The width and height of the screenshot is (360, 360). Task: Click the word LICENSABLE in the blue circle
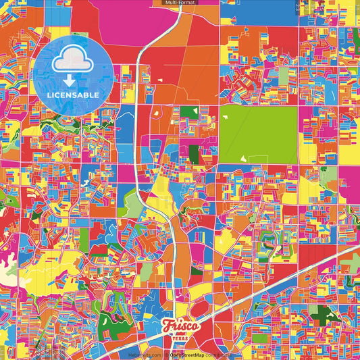pos(70,95)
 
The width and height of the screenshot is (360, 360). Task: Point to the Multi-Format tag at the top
pos(180,3)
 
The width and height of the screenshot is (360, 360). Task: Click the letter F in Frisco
pos(167,327)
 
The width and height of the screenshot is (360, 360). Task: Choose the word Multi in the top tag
pos(171,3)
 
